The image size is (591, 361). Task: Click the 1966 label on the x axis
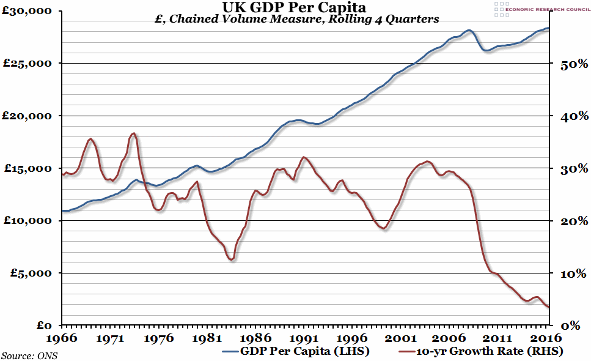[x=62, y=338]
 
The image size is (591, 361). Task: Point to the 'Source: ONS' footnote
[x=29, y=355]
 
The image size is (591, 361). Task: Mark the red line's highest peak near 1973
[x=134, y=133]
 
